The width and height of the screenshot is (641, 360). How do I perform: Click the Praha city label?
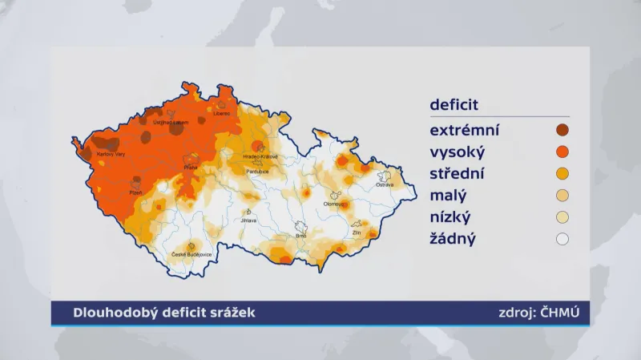tap(190, 168)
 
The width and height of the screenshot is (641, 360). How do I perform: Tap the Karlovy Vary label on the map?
tap(109, 153)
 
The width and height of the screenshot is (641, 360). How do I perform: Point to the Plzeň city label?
tap(137, 193)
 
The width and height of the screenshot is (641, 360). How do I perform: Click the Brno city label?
tap(301, 237)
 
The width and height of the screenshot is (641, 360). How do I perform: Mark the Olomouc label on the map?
tap(334, 204)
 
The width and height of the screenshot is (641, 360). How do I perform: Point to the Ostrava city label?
tap(385, 185)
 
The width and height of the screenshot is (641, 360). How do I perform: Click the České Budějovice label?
tap(191, 256)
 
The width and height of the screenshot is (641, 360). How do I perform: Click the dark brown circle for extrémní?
tap(562, 130)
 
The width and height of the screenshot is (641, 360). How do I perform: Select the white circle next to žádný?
tap(562, 238)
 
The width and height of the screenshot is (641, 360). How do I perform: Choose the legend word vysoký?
tap(458, 152)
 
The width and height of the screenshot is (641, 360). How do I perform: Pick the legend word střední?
tap(459, 173)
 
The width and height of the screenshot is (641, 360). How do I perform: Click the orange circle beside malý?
tap(562, 195)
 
